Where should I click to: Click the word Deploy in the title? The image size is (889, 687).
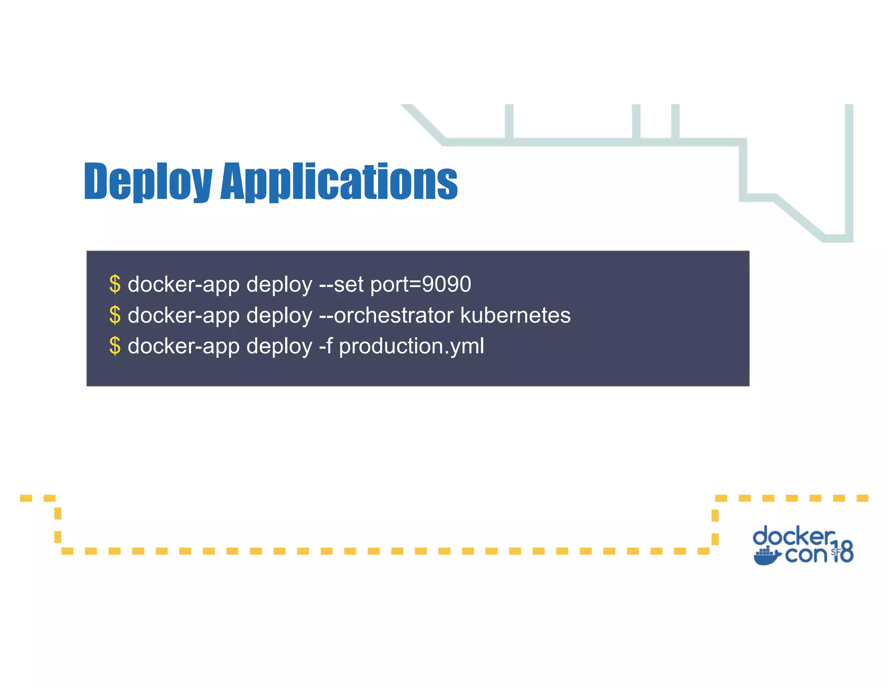click(x=148, y=182)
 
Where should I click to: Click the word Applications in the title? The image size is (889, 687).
click(x=339, y=182)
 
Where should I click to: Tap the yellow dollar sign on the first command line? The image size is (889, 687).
click(x=115, y=284)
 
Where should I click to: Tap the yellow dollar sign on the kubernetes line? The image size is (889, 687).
click(x=115, y=315)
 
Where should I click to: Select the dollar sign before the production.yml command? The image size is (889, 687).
click(x=115, y=346)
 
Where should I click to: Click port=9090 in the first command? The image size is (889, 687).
click(x=421, y=284)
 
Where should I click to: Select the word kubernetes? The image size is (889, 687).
click(x=515, y=315)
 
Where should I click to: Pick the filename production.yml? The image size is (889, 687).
click(x=411, y=347)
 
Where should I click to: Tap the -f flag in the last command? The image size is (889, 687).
click(x=326, y=346)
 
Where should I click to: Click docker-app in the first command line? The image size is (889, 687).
click(x=184, y=284)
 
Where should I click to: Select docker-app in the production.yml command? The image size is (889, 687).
click(x=184, y=346)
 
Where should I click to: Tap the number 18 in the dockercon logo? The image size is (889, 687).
click(x=844, y=552)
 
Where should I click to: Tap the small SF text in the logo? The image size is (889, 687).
click(x=836, y=552)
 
